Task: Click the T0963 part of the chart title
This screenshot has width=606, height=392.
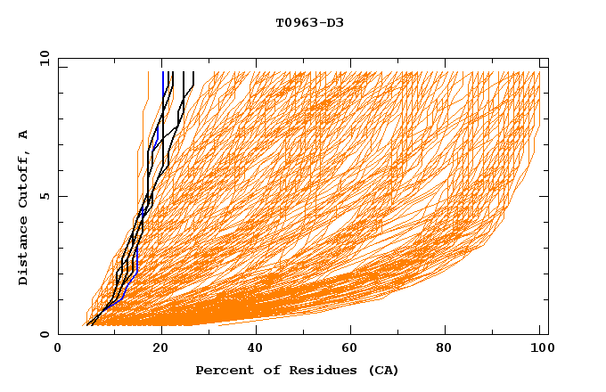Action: coord(294,22)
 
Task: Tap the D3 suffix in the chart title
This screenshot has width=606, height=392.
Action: coord(334,22)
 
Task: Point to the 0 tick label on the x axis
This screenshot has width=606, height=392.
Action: coord(58,348)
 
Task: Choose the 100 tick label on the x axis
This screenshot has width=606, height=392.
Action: coord(540,348)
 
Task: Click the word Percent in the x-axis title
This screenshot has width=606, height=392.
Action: coord(220,370)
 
